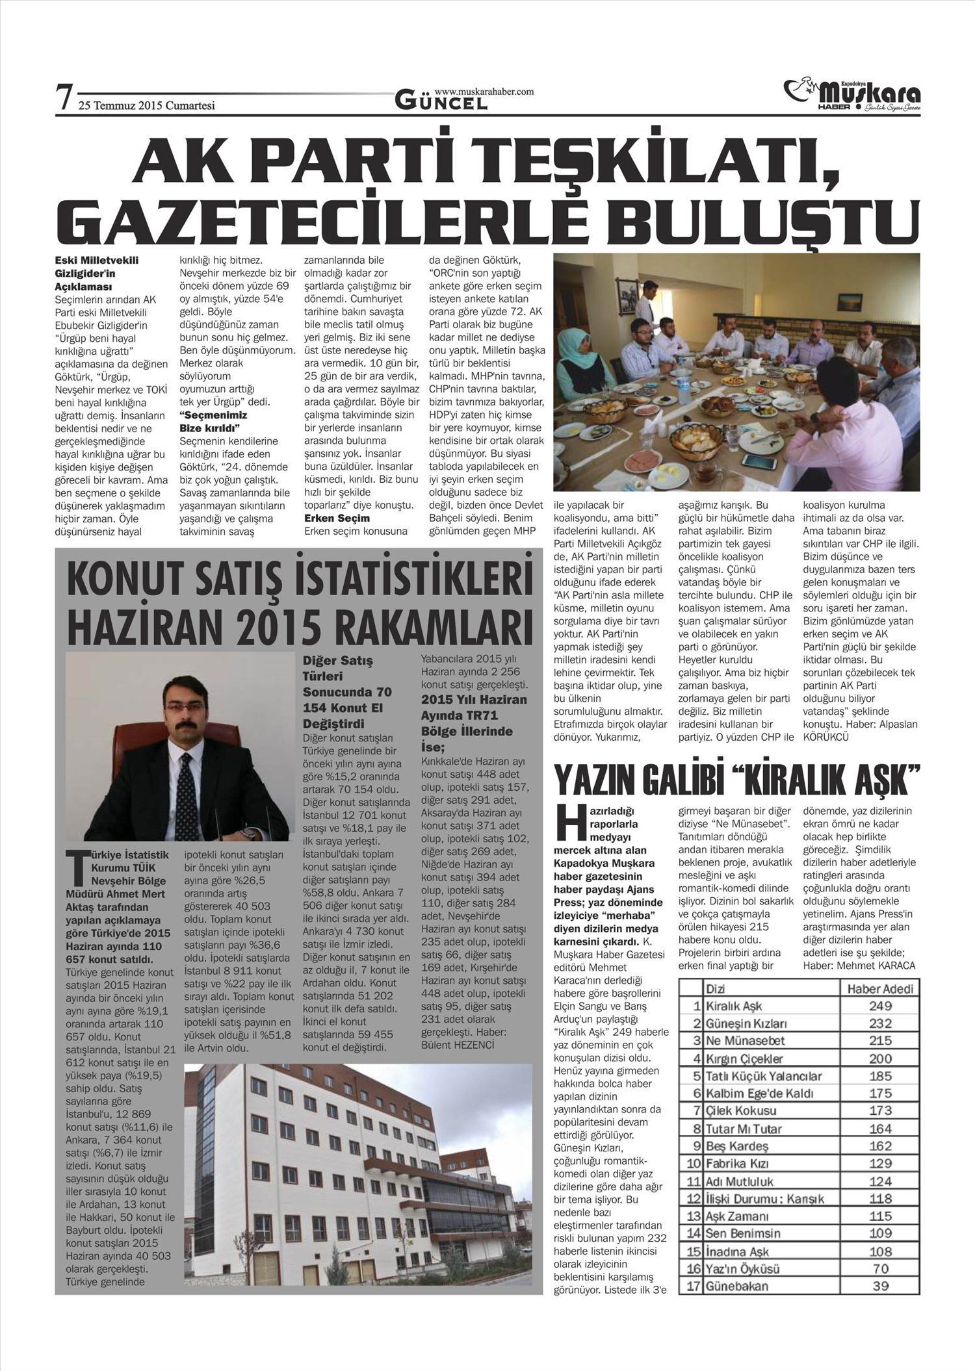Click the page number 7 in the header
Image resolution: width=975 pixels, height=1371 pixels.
click(x=63, y=98)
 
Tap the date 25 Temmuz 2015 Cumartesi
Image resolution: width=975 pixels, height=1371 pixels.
click(x=146, y=106)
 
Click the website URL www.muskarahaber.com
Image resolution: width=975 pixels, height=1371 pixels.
click(x=484, y=92)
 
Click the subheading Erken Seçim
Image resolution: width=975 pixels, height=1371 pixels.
click(x=337, y=518)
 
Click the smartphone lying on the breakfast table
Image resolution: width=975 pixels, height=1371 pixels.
click(x=759, y=461)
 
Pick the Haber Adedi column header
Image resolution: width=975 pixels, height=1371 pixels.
click(x=880, y=989)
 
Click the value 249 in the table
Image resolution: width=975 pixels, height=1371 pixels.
click(x=880, y=1006)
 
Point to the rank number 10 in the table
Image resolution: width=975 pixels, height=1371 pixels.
click(x=694, y=1164)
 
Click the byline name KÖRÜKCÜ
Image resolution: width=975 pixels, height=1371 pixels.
click(x=826, y=737)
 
